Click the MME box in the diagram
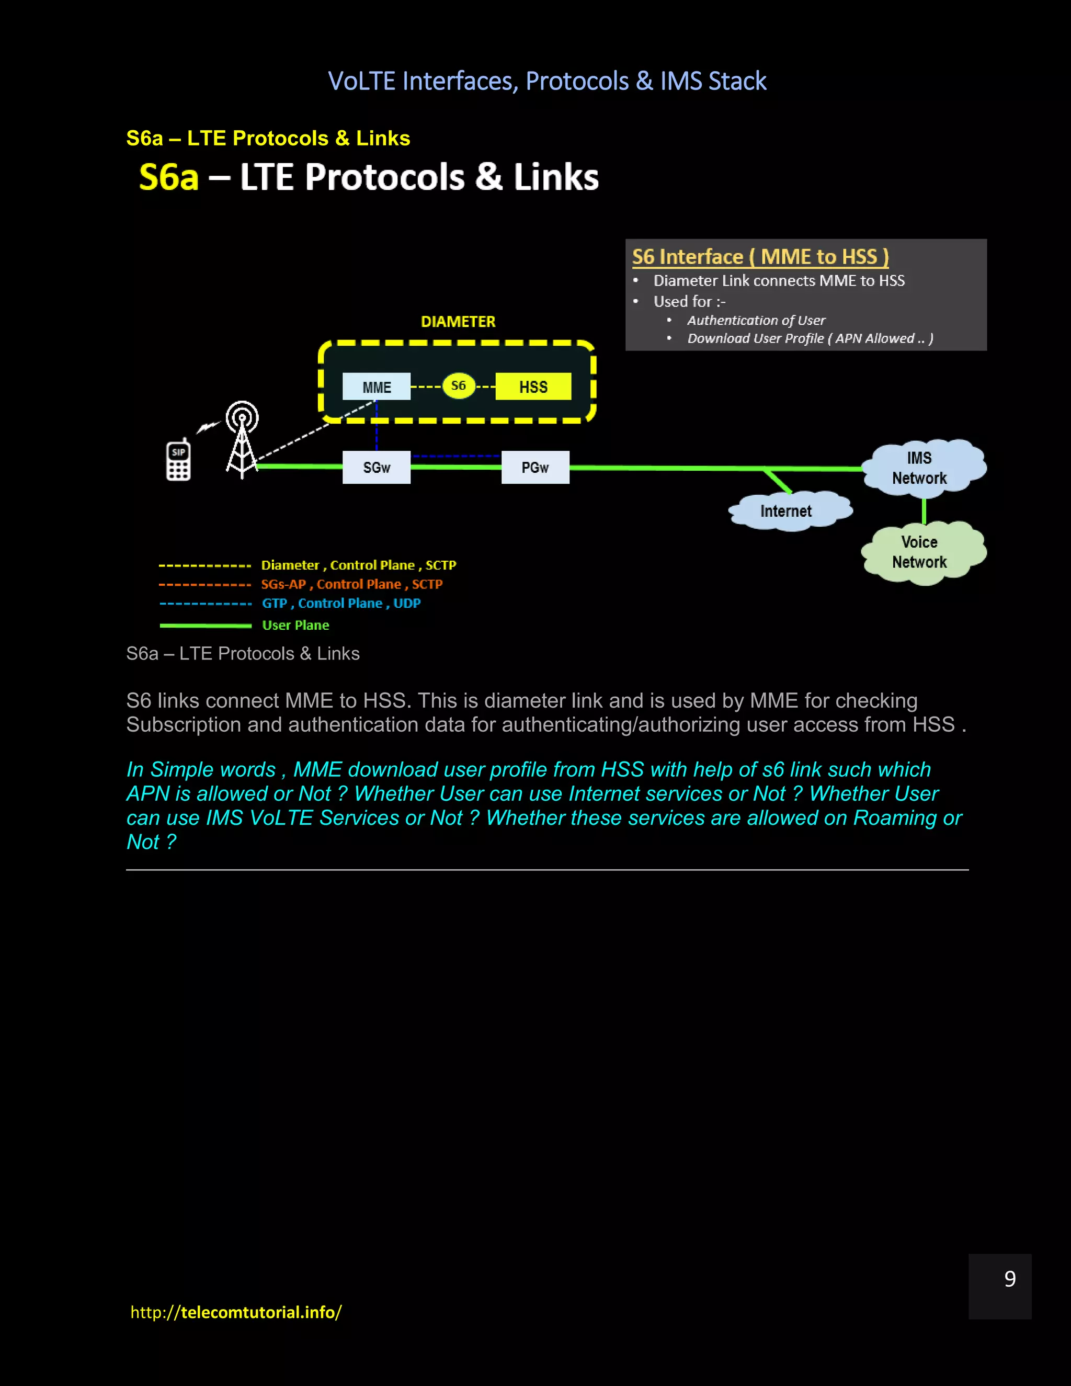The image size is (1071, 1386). (376, 387)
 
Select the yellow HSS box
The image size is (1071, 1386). (533, 387)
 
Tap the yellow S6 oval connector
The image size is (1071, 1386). (458, 386)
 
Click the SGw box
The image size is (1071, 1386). (376, 468)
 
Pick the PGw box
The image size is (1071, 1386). (535, 468)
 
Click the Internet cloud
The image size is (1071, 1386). (786, 511)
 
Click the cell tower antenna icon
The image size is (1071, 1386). (242, 438)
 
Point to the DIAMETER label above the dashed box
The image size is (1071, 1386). (458, 322)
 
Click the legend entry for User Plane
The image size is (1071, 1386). (295, 625)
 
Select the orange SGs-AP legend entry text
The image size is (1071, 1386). (351, 584)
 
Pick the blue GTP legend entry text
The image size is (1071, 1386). (341, 603)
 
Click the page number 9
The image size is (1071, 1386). (1009, 1279)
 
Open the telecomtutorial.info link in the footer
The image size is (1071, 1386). (236, 1312)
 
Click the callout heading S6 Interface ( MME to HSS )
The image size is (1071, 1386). (760, 256)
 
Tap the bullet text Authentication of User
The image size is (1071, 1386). (756, 321)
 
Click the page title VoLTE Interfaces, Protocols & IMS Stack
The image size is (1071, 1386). (547, 81)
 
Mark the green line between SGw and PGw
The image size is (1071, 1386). (455, 468)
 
